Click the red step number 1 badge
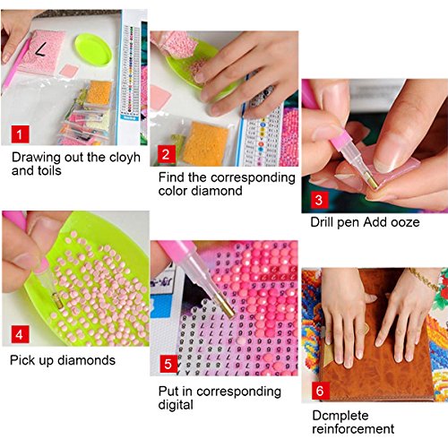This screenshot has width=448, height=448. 21,134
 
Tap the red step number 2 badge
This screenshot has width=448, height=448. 167,154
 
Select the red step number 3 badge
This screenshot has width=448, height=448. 320,200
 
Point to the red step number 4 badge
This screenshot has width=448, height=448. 21,334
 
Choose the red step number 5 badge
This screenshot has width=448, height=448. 168,364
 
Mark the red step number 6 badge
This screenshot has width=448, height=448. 321,391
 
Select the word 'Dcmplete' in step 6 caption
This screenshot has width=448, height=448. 340,416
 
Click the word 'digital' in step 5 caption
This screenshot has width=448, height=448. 176,405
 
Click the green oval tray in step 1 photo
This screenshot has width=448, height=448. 93,50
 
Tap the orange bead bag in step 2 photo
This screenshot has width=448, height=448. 205,143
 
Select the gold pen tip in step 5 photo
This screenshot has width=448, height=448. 226,306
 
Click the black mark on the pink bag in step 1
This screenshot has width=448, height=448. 41,49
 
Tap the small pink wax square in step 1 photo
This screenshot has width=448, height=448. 69,72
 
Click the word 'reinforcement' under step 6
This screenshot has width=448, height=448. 353,429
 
